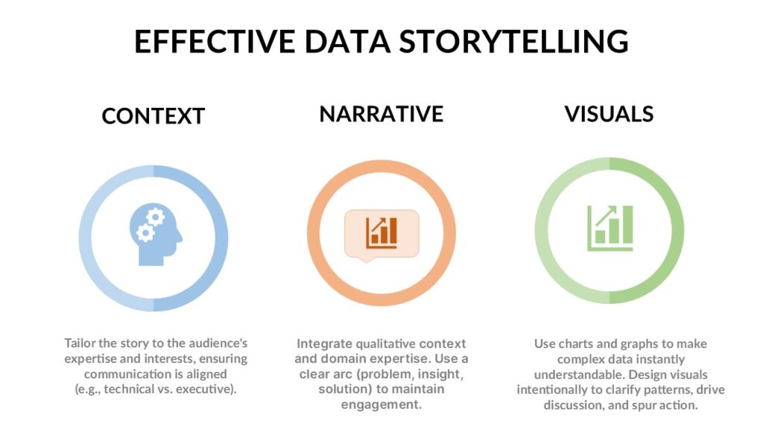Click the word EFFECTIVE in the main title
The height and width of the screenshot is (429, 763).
click(215, 41)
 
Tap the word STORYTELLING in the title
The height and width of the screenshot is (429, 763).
click(514, 41)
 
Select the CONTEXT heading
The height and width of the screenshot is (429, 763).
click(153, 116)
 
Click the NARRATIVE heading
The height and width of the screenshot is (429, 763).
click(381, 114)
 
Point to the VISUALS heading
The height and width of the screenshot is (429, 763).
click(609, 114)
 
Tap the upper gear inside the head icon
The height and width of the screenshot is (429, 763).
click(155, 217)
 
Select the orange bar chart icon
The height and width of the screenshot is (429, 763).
click(381, 233)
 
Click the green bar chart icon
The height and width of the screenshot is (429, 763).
click(610, 228)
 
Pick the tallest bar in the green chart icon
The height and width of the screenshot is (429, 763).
click(627, 224)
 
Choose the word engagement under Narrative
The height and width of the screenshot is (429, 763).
click(381, 404)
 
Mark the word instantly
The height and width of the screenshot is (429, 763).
click(662, 360)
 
